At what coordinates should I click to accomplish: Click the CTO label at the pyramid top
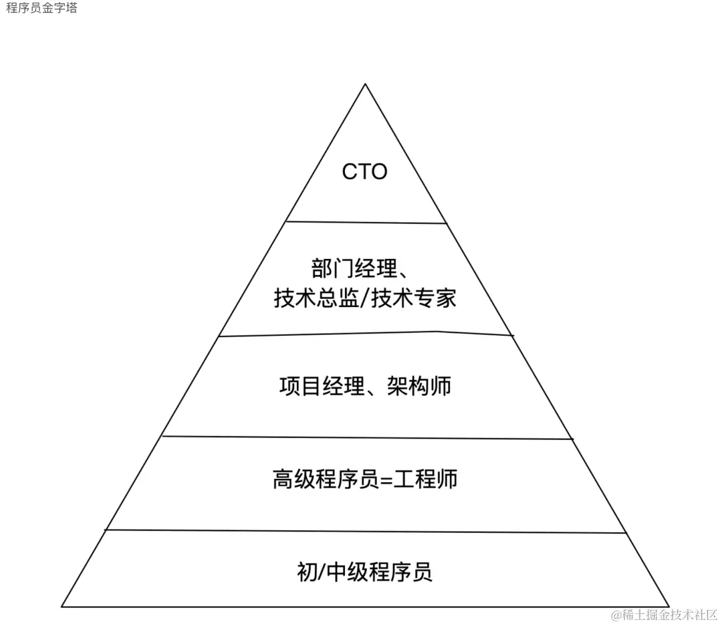[x=364, y=172]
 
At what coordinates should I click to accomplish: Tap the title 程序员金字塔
[x=41, y=9]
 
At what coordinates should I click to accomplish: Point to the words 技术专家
[x=414, y=298]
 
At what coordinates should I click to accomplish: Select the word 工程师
[x=426, y=480]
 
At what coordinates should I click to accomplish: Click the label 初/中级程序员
[x=364, y=572]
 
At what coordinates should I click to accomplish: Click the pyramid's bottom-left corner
[x=62, y=607]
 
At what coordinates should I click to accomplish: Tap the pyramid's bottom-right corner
[x=669, y=607]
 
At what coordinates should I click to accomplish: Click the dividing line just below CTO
[x=366, y=222]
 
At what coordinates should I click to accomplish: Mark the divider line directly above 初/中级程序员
[x=366, y=531]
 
